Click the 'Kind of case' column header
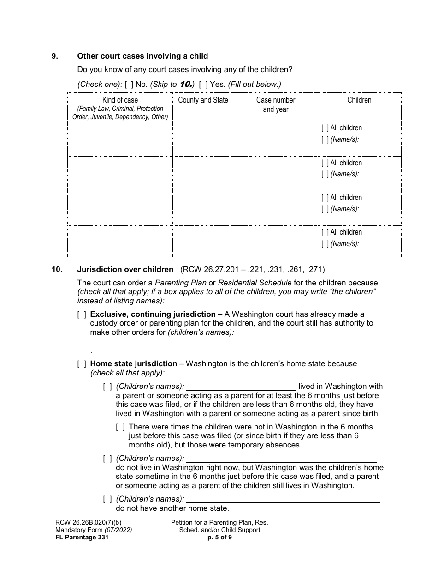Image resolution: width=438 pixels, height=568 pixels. click(120, 100)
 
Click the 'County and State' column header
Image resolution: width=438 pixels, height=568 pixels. click(203, 100)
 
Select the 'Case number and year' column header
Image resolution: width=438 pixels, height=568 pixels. click(276, 104)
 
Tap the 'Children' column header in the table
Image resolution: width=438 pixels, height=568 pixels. click(359, 100)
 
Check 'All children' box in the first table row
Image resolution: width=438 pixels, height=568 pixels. click(325, 128)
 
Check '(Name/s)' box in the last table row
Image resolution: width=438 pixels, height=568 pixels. click(325, 244)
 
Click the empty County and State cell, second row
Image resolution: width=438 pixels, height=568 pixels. click(203, 173)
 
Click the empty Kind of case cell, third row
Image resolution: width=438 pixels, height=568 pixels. click(120, 208)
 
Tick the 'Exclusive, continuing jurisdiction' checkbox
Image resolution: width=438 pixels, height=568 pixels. click(82, 314)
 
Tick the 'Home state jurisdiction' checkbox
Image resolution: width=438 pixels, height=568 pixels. click(82, 364)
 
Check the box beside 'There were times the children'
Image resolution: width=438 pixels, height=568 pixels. click(120, 427)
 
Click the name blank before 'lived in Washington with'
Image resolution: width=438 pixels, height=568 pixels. click(241, 387)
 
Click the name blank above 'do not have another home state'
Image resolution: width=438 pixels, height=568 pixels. click(283, 499)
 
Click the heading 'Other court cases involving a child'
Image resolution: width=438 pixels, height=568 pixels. click(142, 56)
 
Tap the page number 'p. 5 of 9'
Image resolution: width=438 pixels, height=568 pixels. click(219, 537)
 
